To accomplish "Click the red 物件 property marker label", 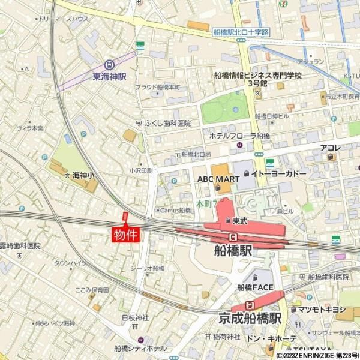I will (125, 234).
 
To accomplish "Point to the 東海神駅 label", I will (109, 77).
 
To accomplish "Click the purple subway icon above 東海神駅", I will (109, 65).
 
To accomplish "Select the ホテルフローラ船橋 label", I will (239, 136).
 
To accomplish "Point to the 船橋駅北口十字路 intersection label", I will (241, 32).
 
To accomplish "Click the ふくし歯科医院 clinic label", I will (167, 123).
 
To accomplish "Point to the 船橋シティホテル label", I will (141, 348).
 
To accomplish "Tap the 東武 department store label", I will (240, 221).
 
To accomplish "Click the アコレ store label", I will (330, 148).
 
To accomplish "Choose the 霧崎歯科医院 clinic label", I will (20, 246).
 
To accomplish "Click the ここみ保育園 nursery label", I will (91, 290).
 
